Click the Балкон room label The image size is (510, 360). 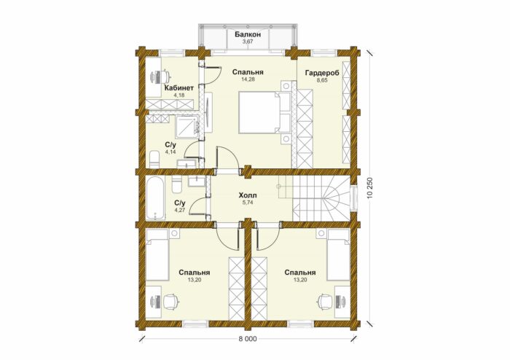248,34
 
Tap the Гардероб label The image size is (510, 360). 322,73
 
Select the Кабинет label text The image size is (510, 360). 179,87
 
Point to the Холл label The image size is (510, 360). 248,195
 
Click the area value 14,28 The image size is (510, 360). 248,79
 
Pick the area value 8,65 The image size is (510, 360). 322,80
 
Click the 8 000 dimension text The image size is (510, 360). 248,339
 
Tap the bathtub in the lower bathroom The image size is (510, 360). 154,197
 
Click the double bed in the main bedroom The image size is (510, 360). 264,112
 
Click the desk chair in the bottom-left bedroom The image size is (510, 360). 170,301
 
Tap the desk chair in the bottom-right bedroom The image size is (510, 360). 326,301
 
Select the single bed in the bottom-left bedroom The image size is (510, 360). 157,255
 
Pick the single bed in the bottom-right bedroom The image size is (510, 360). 339,255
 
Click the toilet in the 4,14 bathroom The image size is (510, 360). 154,159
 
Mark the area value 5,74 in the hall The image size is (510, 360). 248,203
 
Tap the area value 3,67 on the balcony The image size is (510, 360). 248,42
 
